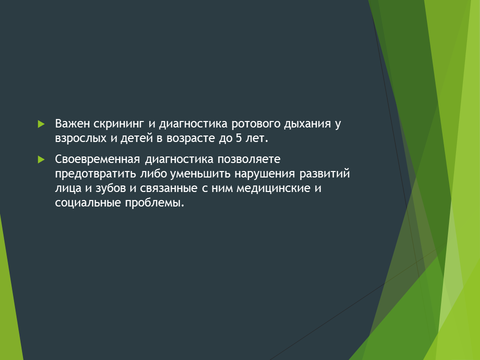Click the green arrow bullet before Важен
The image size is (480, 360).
41,124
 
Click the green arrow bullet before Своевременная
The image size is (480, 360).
41,159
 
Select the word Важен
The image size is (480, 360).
72,123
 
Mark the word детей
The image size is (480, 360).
136,138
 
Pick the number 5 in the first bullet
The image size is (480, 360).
239,138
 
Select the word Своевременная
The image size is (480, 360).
97,159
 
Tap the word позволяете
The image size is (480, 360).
249,159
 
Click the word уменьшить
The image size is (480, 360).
200,174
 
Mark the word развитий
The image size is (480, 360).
324,174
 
